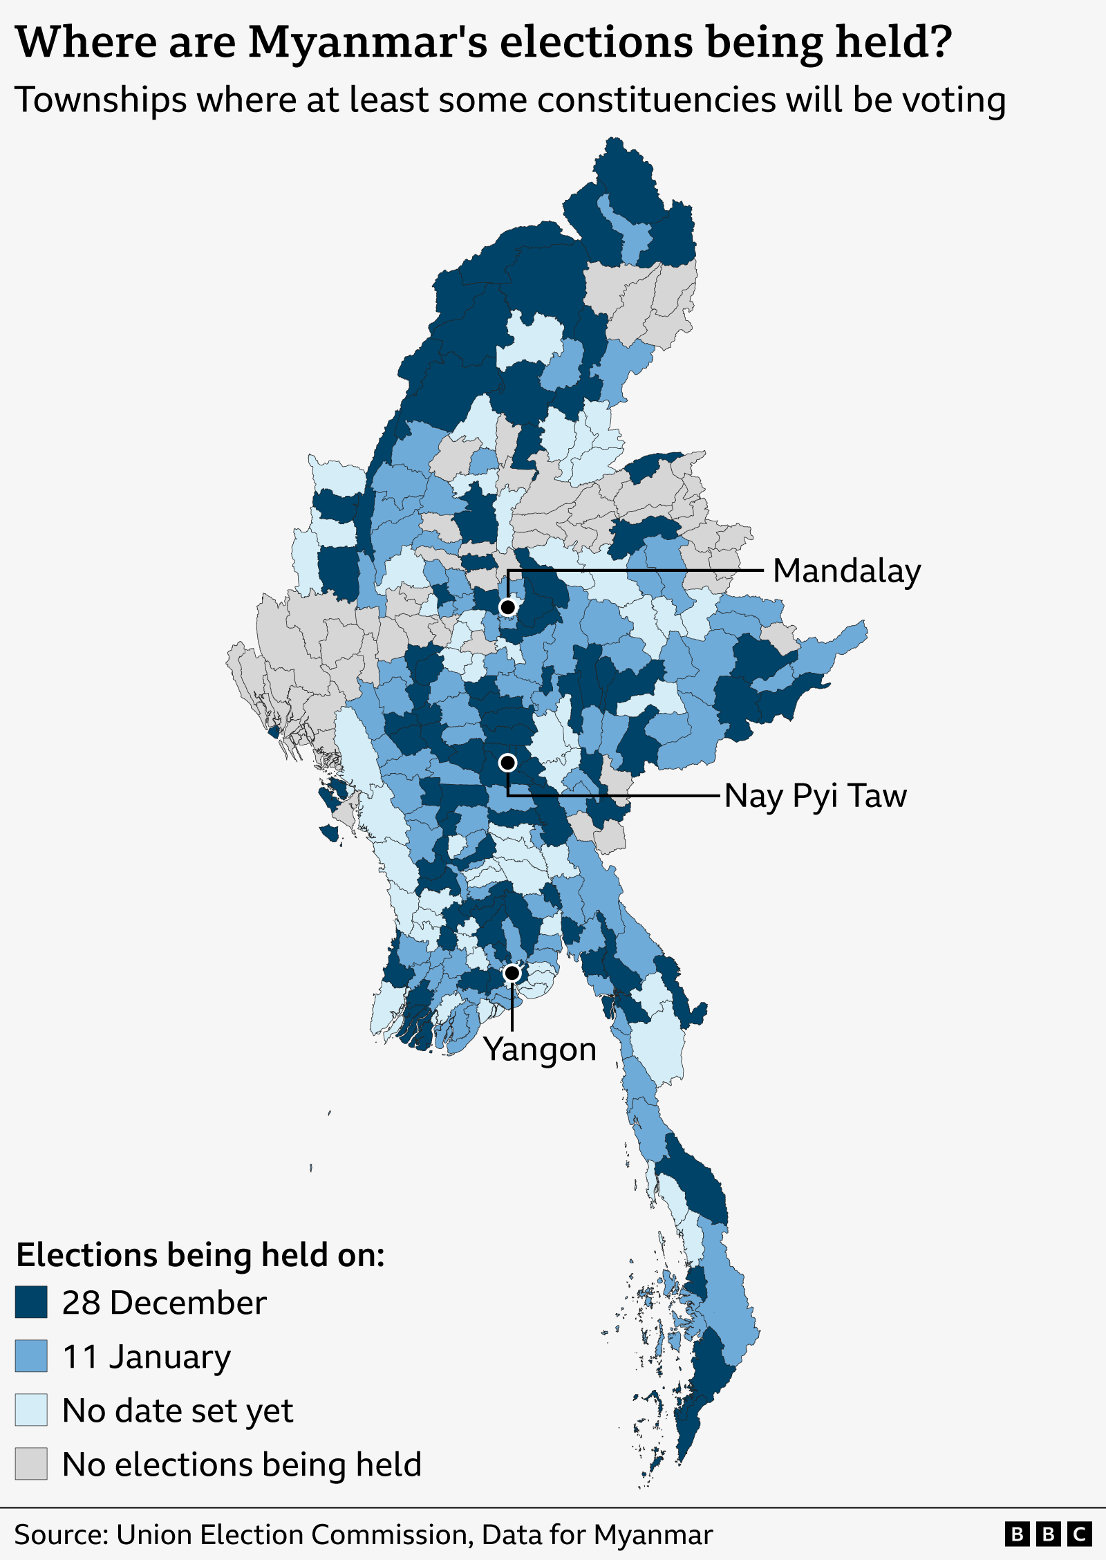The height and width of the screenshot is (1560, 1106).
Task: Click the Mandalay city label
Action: coord(846,571)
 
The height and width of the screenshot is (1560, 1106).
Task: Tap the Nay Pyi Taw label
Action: coord(815,795)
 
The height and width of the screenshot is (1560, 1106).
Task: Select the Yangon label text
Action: coord(539,1049)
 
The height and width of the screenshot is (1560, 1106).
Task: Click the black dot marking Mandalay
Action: coord(507,607)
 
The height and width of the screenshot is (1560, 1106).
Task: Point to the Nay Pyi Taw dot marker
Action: coord(507,763)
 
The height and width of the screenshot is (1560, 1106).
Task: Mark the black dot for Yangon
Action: coord(512,974)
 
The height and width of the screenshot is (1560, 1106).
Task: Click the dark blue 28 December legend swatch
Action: coord(31,1303)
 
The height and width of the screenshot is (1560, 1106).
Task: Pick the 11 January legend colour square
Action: coord(31,1356)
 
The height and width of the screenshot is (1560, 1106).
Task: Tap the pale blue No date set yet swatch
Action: coord(31,1410)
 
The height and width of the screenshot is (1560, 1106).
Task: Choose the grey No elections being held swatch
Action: coord(31,1464)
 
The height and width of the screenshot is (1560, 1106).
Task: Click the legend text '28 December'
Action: coord(164,1303)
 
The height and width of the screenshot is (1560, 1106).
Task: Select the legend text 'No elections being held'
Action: coord(241,1465)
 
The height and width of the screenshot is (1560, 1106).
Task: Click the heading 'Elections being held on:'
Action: coord(200,1254)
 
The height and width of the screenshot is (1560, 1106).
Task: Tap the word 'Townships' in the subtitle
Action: coord(100,100)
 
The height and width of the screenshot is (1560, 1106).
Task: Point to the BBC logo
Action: coord(1048,1534)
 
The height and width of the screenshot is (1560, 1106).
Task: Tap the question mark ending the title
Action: coord(941,41)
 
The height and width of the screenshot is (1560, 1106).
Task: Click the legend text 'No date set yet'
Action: coord(178,1411)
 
